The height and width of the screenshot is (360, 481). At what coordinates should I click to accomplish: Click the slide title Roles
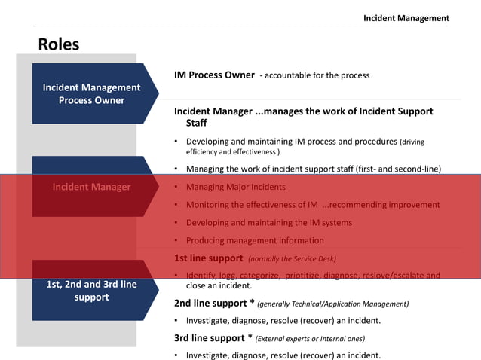59,44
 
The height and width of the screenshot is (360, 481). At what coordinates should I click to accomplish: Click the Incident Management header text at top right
406,18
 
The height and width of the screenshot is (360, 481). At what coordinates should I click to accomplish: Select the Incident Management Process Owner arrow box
91,94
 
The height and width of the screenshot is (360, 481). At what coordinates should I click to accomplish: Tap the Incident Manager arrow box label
91,187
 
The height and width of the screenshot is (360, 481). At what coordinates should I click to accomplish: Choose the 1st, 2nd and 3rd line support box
91,291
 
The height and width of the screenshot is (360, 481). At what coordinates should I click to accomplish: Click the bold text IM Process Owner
214,75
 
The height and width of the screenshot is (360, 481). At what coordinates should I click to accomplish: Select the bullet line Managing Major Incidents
236,187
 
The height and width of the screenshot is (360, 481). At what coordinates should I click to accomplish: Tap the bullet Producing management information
255,241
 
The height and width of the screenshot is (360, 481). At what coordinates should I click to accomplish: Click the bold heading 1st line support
209,258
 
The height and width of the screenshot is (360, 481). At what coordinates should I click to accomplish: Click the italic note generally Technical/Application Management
332,304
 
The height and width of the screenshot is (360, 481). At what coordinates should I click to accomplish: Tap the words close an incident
219,286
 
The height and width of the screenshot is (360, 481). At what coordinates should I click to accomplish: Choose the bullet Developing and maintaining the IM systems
268,223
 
